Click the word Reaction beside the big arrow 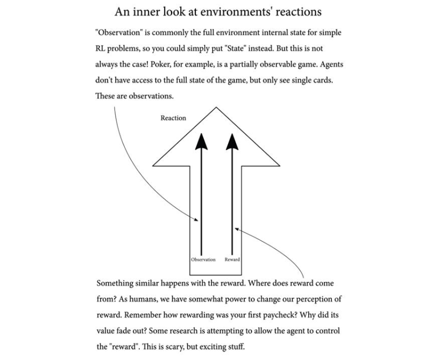point(173,118)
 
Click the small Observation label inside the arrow point(203,259)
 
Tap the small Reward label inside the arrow point(232,259)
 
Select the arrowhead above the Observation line point(201,141)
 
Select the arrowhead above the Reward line point(232,141)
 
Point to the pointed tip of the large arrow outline point(216,108)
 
